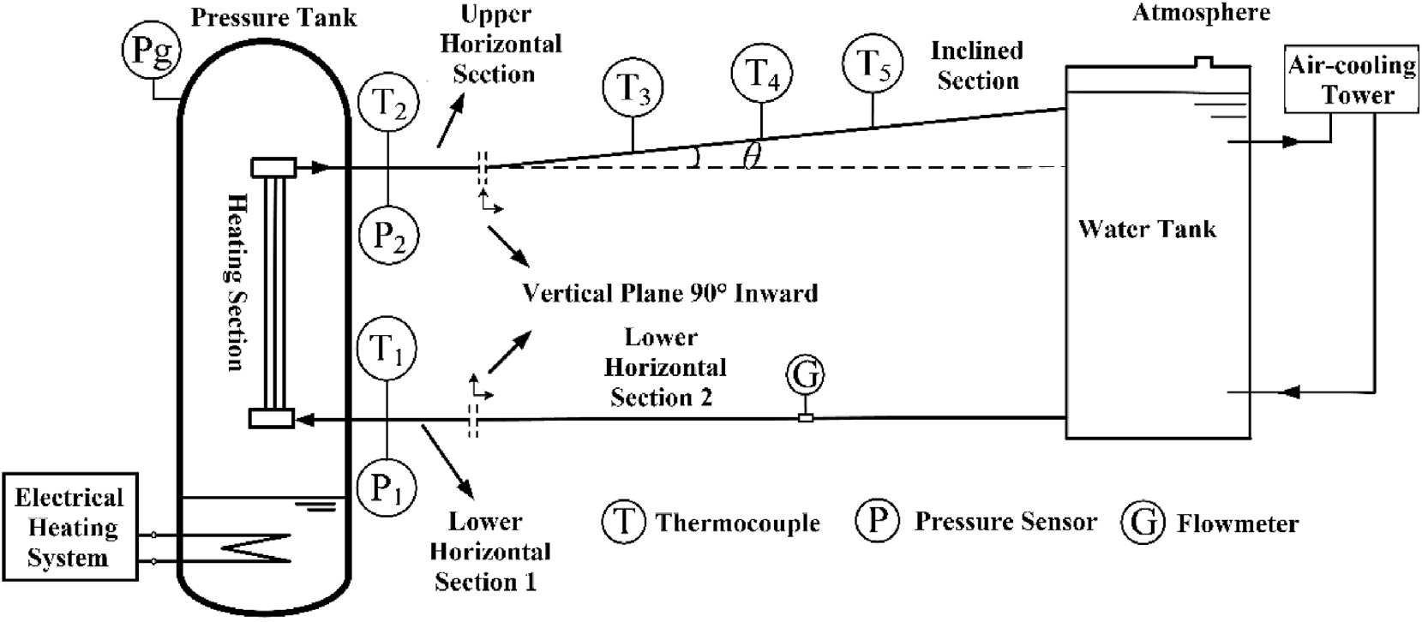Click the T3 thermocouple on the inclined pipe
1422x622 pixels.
tap(633, 88)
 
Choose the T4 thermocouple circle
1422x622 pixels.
tap(762, 72)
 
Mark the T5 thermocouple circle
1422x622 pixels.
tap(873, 64)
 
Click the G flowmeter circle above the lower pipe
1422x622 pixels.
tap(805, 374)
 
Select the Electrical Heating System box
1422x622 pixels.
tap(69, 528)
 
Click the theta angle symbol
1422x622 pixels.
tap(752, 158)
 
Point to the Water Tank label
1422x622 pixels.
tap(1147, 229)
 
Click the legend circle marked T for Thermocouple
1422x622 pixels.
tap(624, 522)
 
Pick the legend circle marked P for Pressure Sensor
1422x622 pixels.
tap(877, 521)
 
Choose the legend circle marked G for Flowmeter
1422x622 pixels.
tap(1143, 523)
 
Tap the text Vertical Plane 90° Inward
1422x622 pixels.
tap(670, 293)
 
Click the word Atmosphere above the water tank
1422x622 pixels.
tap(1202, 13)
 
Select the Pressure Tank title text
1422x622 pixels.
tap(273, 17)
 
